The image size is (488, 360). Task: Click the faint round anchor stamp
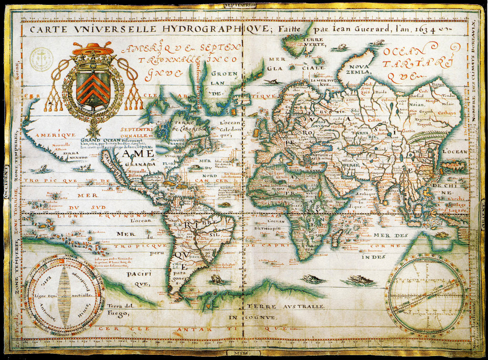[x=41, y=60]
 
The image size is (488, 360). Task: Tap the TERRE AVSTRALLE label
[x=285, y=307]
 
